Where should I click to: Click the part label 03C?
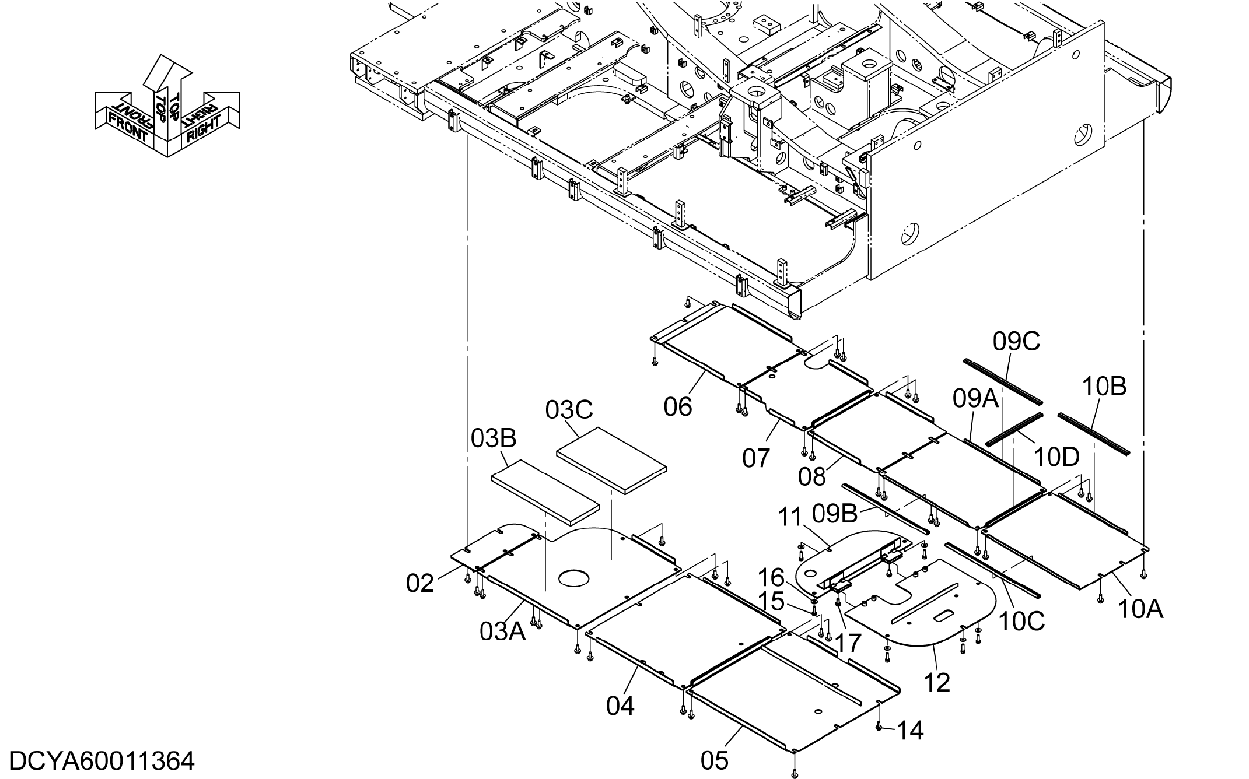[x=569, y=410]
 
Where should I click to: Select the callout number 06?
[x=678, y=406]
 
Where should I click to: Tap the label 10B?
[x=1104, y=387]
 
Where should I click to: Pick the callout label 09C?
[x=1017, y=342]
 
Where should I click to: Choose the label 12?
[x=937, y=682]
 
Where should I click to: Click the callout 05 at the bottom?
[x=715, y=760]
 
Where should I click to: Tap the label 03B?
[x=494, y=438]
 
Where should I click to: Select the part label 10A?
[x=1140, y=609]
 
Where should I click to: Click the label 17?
[x=848, y=643]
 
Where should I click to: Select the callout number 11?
[x=791, y=517]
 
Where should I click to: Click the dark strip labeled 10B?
[x=1094, y=434]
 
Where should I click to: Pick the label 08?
[x=812, y=477]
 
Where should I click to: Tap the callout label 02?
[x=420, y=583]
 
